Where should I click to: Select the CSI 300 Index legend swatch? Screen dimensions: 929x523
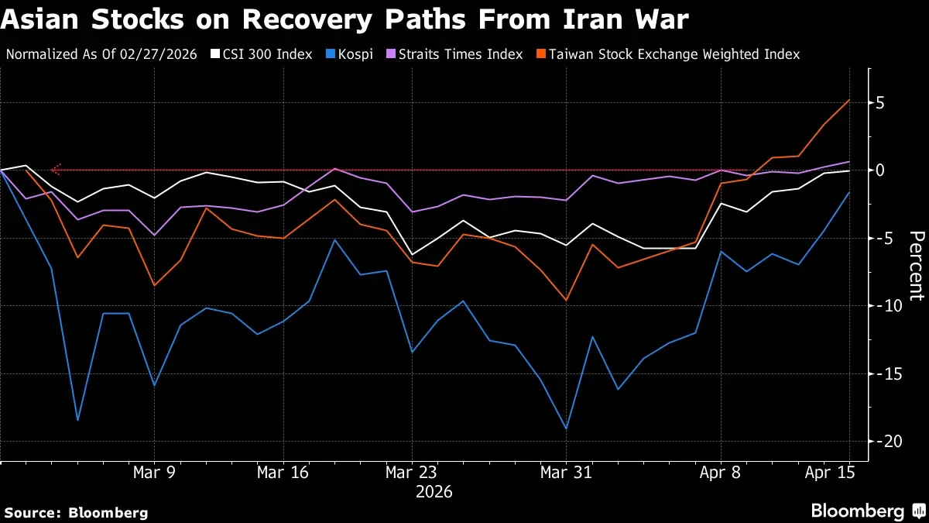pyautogui.click(x=215, y=54)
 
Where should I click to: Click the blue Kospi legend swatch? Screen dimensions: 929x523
pyautogui.click(x=331, y=54)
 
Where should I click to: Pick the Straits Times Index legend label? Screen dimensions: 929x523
pyautogui.click(x=461, y=54)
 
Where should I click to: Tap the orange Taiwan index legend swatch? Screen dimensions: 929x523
pyautogui.click(x=541, y=54)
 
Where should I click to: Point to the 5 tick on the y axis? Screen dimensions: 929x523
pyautogui.click(x=879, y=103)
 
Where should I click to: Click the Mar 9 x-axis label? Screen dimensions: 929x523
pyautogui.click(x=154, y=473)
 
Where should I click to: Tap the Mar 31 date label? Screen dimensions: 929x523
pyautogui.click(x=566, y=473)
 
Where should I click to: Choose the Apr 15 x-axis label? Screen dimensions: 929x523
pyautogui.click(x=830, y=473)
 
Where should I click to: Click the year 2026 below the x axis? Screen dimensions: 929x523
pyautogui.click(x=434, y=492)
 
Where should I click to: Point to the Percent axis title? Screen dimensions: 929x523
pyautogui.click(x=917, y=266)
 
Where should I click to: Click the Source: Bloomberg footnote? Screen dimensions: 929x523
pyautogui.click(x=76, y=513)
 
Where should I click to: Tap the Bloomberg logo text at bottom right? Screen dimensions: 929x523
pyautogui.click(x=858, y=511)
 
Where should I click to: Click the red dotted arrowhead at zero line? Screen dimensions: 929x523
pyautogui.click(x=56, y=170)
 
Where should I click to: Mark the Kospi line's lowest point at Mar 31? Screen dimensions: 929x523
pyautogui.click(x=567, y=428)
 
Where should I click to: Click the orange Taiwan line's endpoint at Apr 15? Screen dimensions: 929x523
pyautogui.click(x=849, y=100)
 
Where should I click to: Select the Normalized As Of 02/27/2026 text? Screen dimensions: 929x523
pyautogui.click(x=101, y=54)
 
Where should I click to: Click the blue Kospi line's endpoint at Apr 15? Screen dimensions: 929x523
pyautogui.click(x=849, y=193)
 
